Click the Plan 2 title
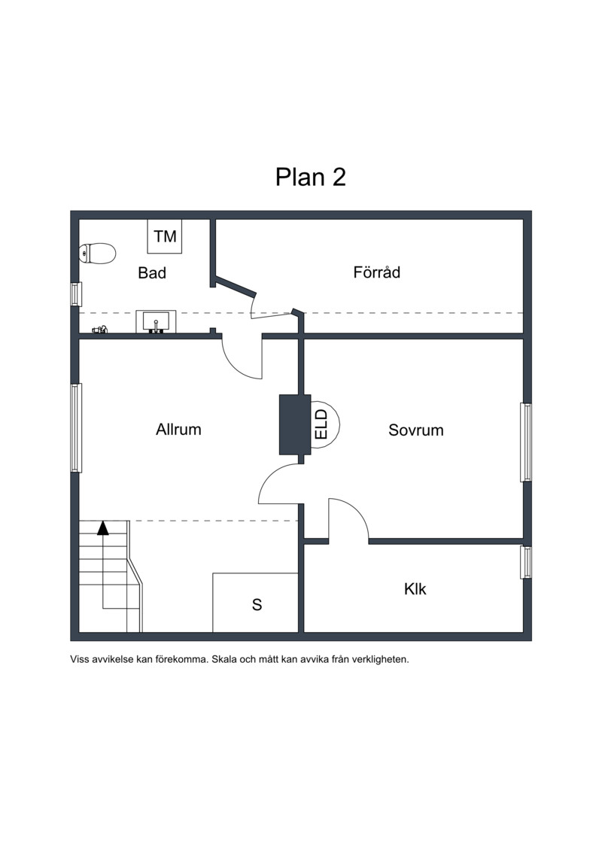311,177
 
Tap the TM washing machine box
165,236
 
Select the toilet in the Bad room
98,253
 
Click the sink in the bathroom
156,321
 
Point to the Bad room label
152,272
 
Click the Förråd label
377,272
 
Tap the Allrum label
178,430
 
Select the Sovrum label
416,430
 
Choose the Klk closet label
415,589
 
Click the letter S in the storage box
257,605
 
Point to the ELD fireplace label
321,424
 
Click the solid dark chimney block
295,424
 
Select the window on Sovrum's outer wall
526,442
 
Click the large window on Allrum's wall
76,427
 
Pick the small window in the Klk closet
526,562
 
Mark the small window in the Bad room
76,294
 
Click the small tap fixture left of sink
100,329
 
